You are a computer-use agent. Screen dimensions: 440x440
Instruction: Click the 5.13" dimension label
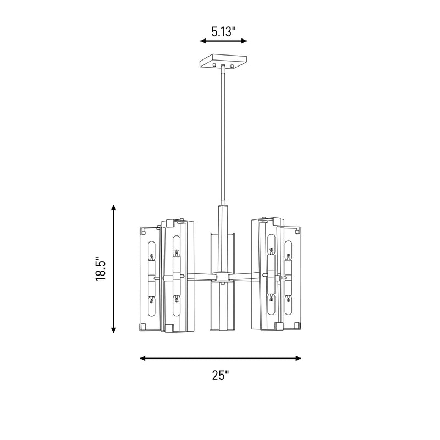pyautogui.click(x=223, y=32)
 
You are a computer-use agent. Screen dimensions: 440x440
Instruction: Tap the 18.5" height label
pyautogui.click(x=100, y=268)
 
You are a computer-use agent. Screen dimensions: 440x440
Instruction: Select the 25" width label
pyautogui.click(x=221, y=376)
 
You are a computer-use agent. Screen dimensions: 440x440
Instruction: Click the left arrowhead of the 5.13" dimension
pyautogui.click(x=203, y=41)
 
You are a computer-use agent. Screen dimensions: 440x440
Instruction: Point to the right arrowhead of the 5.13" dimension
pyautogui.click(x=244, y=41)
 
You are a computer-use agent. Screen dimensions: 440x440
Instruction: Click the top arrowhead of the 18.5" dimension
pyautogui.click(x=113, y=208)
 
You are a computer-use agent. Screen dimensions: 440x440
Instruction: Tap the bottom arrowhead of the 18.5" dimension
pyautogui.click(x=113, y=330)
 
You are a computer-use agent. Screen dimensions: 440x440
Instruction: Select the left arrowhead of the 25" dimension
pyautogui.click(x=143, y=359)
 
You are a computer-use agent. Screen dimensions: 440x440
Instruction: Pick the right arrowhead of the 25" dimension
pyautogui.click(x=298, y=359)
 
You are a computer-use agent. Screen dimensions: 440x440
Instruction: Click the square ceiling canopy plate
pyautogui.click(x=223, y=61)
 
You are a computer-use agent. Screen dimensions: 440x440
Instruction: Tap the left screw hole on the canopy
pyautogui.click(x=215, y=65)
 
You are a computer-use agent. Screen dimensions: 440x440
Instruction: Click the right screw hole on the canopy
pyautogui.click(x=232, y=66)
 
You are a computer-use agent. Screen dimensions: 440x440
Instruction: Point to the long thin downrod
pyautogui.click(x=223, y=135)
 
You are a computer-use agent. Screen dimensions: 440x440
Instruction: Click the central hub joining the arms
pyautogui.click(x=221, y=277)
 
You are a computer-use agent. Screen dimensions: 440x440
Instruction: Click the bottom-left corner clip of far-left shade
pyautogui.click(x=143, y=327)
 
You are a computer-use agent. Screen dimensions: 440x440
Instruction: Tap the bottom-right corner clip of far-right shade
pyautogui.click(x=298, y=326)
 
